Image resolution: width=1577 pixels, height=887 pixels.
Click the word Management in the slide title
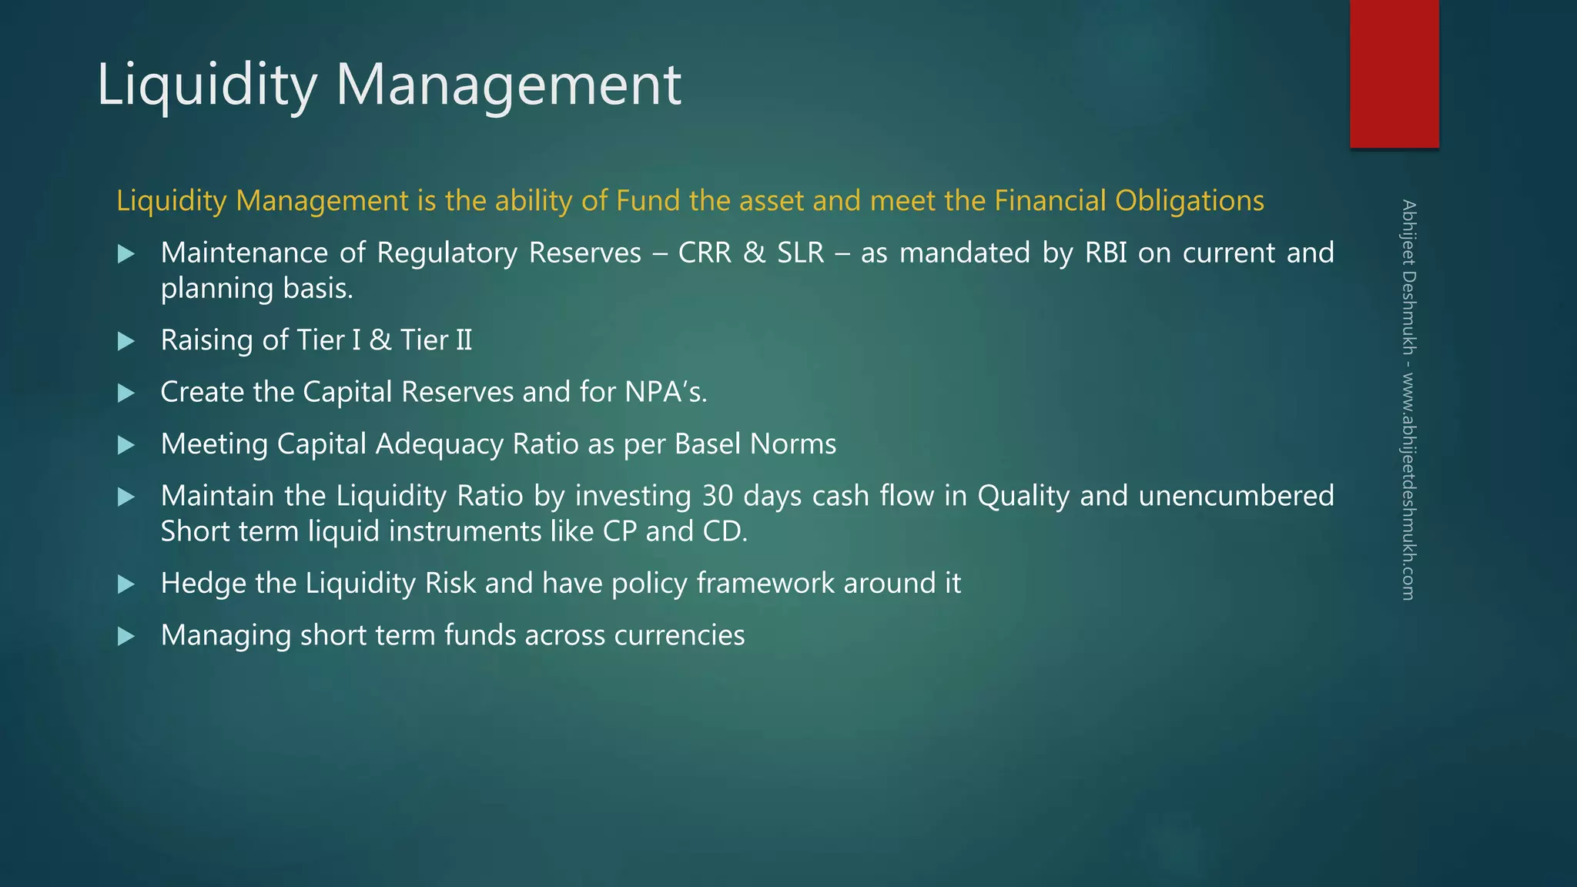508,85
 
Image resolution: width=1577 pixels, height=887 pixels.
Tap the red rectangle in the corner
1394,73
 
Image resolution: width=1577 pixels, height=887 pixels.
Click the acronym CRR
705,253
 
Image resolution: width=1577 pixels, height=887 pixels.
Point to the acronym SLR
800,253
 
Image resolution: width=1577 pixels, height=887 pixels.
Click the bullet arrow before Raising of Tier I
126,341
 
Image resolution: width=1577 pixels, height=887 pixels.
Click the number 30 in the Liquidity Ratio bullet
718,497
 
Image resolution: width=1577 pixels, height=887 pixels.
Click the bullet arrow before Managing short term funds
126,637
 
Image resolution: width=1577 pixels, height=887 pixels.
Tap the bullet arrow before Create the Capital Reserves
126,393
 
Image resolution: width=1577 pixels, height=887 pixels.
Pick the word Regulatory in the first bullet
447,253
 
